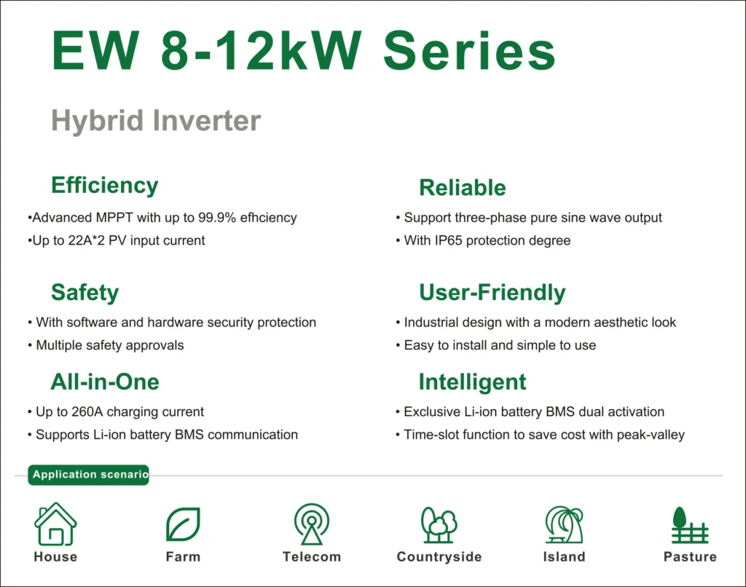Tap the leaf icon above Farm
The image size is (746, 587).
[183, 524]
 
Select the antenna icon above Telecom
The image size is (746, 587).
[312, 524]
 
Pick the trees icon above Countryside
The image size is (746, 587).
[439, 525]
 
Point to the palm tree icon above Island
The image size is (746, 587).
[565, 524]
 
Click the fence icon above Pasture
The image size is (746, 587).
[690, 525]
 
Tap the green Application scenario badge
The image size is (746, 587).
[88, 475]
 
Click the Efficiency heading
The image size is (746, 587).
[105, 186]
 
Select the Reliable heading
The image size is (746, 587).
[463, 187]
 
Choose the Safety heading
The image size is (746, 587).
[85, 293]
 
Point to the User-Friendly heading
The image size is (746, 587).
[492, 293]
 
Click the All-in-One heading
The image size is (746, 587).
[105, 382]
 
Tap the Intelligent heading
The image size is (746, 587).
[472, 382]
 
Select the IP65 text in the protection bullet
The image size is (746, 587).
[448, 240]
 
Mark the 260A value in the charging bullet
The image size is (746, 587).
[87, 412]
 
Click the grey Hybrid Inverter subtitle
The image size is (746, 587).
[156, 121]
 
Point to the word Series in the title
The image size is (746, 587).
[470, 52]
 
